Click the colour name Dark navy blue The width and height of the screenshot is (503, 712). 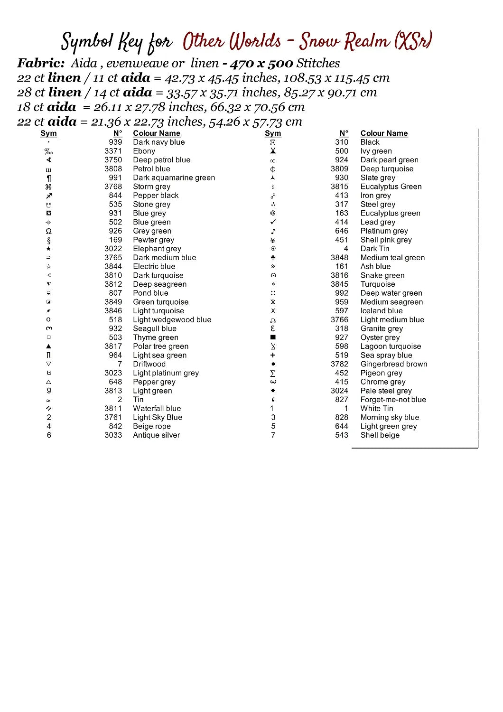pos(158,142)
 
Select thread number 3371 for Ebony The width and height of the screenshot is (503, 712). pos(113,151)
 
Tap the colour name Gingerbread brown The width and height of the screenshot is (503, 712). pos(393,364)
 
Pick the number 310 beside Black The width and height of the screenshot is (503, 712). pos(341,142)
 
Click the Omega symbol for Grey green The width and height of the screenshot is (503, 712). pos(48,231)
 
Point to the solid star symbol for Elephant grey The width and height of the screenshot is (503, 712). pos(48,249)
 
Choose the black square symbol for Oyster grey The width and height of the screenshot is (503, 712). pos(273,337)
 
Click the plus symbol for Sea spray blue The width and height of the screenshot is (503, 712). pos(273,355)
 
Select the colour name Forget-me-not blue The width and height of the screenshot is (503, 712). pos(393,400)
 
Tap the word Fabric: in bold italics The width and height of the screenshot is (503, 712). pos(41,63)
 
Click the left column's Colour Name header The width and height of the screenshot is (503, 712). pos(156,133)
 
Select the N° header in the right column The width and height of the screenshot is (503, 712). pos(344,133)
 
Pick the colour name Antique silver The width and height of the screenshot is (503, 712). pos(156,435)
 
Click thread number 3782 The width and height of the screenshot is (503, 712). pos(339,364)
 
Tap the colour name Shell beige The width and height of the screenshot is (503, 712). pos(380,435)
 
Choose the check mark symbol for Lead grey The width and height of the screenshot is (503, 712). pos(273,222)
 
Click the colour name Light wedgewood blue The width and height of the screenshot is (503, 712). pos(172,320)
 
